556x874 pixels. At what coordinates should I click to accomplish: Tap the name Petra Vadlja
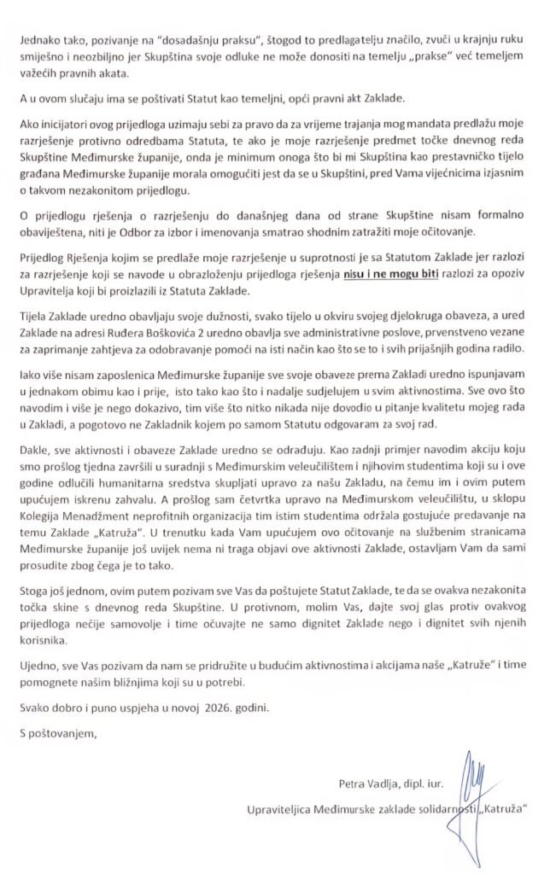pyautogui.click(x=364, y=781)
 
